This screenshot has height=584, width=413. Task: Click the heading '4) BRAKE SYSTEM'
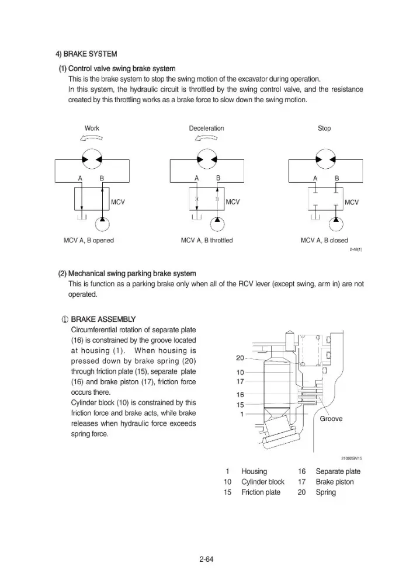pos(86,54)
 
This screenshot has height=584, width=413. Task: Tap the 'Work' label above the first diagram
pos(92,128)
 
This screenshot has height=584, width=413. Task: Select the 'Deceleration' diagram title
pos(206,128)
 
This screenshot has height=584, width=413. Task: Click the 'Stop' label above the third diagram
pos(324,128)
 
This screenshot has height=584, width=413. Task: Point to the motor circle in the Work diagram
pos(92,159)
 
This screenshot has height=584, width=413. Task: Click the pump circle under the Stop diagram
pos(336,224)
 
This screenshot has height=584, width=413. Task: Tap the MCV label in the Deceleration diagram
pos(232,202)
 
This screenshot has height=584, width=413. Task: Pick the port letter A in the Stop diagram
pos(315,178)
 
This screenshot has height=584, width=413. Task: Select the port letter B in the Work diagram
pos(102,178)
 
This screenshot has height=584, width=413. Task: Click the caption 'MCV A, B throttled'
pos(207,241)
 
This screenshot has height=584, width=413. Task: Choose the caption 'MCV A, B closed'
pos(324,241)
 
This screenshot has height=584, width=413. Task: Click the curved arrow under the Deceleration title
pos(206,138)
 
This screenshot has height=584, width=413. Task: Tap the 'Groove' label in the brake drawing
pos(331,419)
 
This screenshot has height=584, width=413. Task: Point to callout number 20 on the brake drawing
pos(240,358)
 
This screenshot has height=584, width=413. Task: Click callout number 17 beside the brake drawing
pos(240,381)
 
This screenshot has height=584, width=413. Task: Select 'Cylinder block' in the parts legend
pos(262,482)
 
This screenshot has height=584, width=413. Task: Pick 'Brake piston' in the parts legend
pos(334,482)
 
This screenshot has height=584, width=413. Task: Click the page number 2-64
pos(206,559)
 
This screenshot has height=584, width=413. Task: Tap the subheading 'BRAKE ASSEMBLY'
pos(103,319)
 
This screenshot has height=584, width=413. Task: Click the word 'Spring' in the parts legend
pos(325,492)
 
